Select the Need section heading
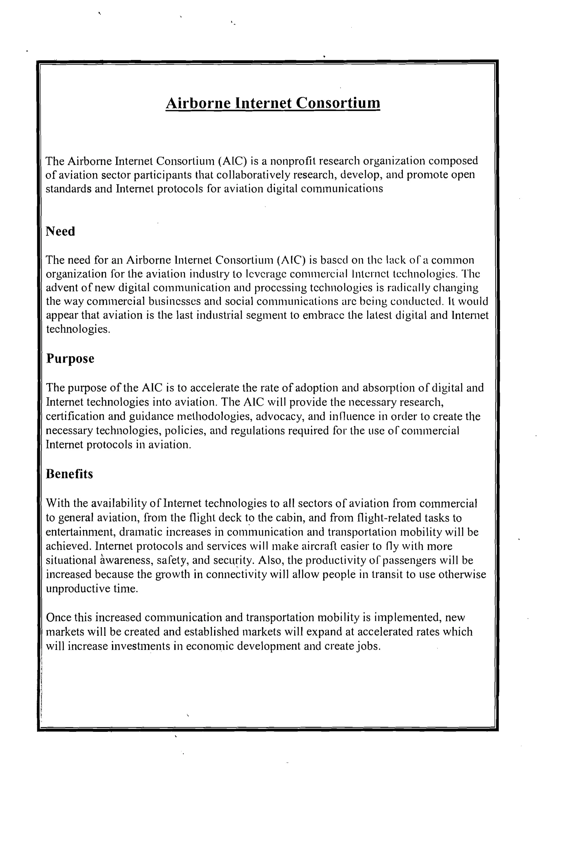click(x=60, y=232)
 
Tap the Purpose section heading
click(x=70, y=359)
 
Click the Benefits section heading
click(x=69, y=474)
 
